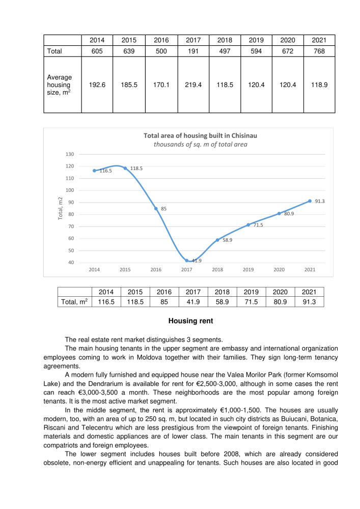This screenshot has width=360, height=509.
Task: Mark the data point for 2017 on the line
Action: (x=187, y=261)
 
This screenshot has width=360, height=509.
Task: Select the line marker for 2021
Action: (x=310, y=201)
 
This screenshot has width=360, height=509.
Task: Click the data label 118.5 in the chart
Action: (x=136, y=168)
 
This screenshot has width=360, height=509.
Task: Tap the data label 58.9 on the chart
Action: (x=228, y=240)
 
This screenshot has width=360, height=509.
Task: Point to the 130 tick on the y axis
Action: (x=70, y=154)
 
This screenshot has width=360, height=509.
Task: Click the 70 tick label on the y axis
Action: (x=70, y=227)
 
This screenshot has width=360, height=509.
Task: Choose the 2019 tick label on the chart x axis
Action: (x=248, y=270)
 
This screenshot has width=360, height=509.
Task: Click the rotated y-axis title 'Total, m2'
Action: (x=60, y=208)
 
